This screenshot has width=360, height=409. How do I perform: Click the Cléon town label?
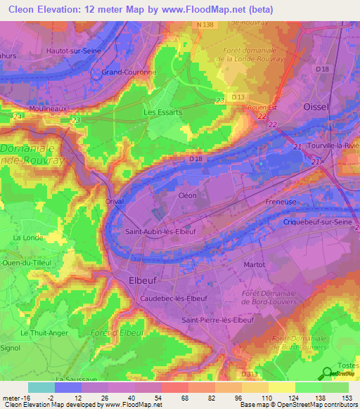(x=187, y=195)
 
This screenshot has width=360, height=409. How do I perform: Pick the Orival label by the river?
(x=115, y=201)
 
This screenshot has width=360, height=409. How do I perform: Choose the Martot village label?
(x=254, y=264)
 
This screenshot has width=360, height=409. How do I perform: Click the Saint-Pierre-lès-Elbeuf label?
(x=217, y=320)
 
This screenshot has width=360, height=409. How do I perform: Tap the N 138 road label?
(x=205, y=25)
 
